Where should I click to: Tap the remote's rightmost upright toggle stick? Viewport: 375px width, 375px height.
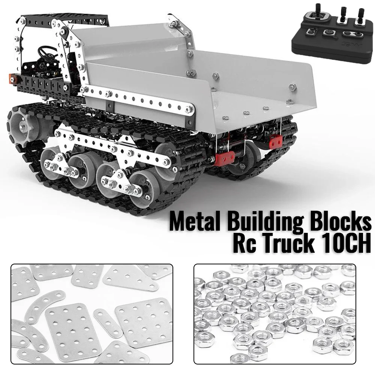361,15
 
